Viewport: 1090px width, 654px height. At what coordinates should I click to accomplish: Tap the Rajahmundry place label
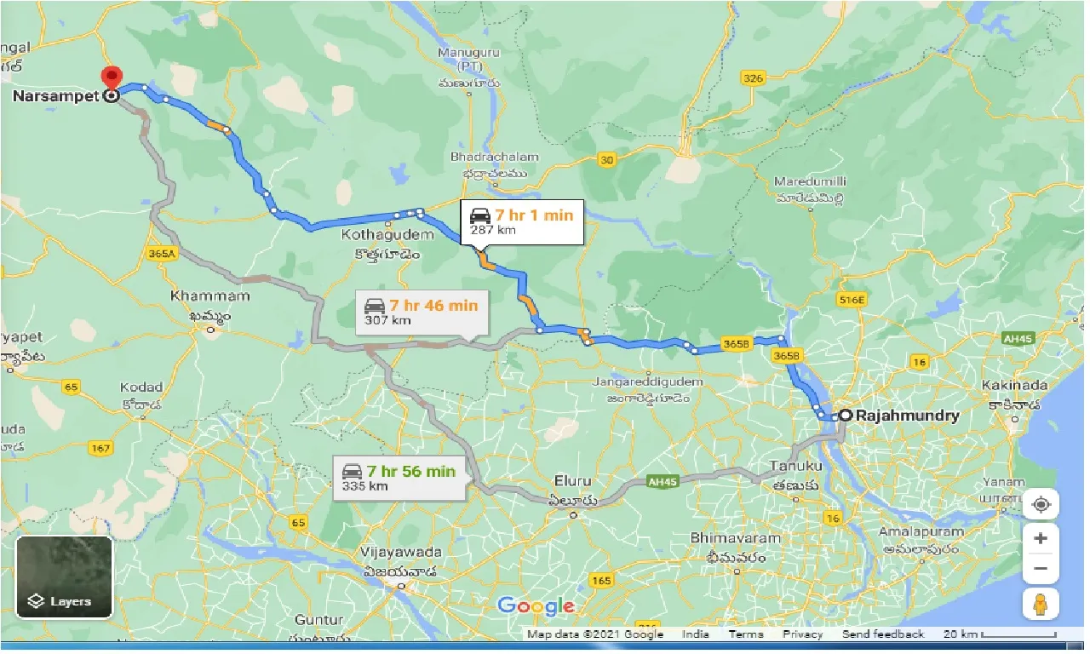(x=909, y=416)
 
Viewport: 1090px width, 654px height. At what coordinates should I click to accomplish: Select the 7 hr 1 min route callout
(x=522, y=221)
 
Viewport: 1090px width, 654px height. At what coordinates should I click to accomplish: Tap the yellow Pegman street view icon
(x=1041, y=604)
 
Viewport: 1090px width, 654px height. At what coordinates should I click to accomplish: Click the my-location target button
(x=1041, y=505)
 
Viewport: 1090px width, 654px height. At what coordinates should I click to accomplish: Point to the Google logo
(x=536, y=606)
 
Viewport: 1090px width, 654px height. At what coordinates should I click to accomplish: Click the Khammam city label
(x=209, y=296)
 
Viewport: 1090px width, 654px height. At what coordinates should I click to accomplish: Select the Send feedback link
(x=882, y=634)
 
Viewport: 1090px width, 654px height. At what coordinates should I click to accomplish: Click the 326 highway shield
(x=752, y=79)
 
